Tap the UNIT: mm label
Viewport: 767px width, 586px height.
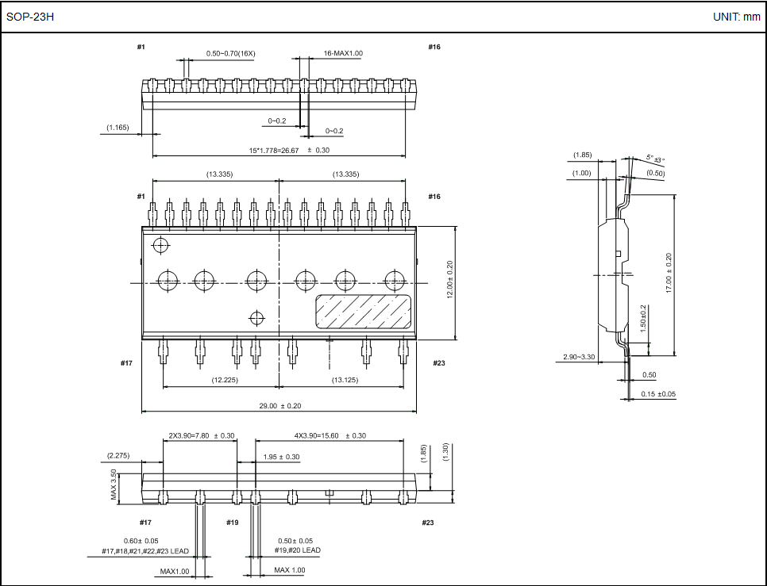pos(737,17)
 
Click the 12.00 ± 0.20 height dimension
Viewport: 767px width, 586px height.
pos(449,280)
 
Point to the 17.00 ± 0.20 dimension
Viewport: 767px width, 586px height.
pos(669,274)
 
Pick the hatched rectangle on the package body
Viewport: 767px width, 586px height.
pos(364,311)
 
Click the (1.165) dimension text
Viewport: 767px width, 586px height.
pos(118,128)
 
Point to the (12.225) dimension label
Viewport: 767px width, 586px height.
pos(225,381)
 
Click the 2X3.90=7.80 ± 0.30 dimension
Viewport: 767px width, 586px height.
pos(202,435)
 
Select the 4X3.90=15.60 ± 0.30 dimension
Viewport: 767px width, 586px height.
pos(330,435)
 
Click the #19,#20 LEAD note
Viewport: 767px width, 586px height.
pos(298,550)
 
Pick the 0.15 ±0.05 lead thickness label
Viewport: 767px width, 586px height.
pos(659,394)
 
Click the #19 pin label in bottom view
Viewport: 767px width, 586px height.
pos(232,523)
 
